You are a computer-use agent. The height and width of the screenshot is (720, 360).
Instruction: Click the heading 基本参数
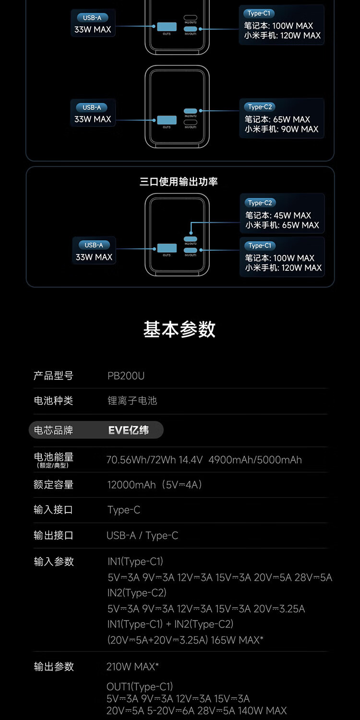tap(180, 330)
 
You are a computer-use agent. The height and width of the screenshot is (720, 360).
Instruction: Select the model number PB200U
tap(126, 376)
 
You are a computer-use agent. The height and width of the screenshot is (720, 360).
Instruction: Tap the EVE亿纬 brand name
tap(128, 430)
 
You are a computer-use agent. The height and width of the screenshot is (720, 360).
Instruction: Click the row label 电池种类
tap(53, 401)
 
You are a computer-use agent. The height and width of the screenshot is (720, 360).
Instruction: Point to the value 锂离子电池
tap(132, 401)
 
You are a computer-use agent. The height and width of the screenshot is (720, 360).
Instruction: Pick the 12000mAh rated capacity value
tap(131, 485)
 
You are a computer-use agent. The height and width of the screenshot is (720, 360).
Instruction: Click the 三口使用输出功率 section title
tap(179, 181)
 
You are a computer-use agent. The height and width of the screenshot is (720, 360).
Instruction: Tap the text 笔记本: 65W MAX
tap(277, 120)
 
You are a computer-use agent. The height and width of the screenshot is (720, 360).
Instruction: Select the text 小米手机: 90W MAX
tap(281, 129)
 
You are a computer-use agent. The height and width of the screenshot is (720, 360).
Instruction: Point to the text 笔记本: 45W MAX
tap(278, 216)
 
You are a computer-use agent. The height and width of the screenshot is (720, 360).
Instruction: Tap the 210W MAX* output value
tap(132, 666)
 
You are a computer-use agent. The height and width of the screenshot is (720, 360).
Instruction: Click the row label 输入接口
tap(53, 510)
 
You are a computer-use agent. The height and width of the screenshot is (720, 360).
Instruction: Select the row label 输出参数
tap(54, 666)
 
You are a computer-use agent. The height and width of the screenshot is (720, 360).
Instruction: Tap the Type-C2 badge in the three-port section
tap(260, 203)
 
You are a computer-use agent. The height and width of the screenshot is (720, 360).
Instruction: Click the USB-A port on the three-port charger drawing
tap(163, 248)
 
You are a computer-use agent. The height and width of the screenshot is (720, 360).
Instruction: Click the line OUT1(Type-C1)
tap(140, 687)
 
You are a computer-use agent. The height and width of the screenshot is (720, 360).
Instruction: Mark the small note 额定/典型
tap(53, 466)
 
